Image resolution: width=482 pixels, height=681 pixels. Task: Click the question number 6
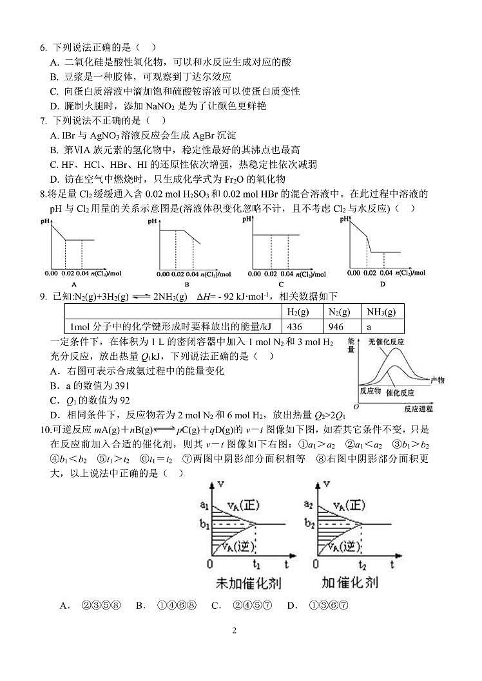click(x=43, y=48)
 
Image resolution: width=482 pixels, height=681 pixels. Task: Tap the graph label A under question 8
click(x=74, y=284)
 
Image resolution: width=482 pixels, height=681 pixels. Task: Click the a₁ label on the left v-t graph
click(x=204, y=505)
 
